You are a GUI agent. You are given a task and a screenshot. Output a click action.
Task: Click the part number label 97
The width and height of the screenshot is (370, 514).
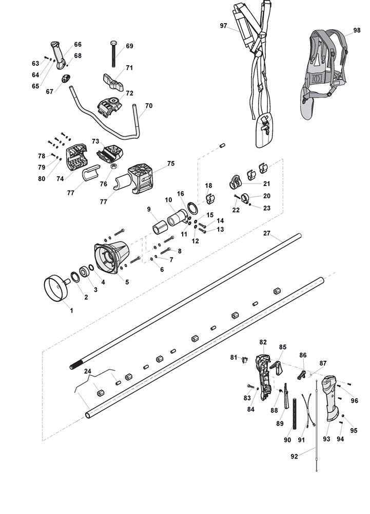(223, 26)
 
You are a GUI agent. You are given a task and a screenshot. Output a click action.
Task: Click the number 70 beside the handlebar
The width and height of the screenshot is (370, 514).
(149, 106)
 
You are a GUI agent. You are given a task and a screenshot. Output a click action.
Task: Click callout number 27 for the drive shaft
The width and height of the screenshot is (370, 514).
(266, 233)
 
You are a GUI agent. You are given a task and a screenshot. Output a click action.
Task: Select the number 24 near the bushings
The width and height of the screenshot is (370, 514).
(88, 371)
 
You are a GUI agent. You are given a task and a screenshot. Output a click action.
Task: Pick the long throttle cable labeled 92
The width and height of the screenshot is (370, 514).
(318, 427)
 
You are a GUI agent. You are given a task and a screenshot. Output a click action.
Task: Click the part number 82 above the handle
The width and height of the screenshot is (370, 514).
(263, 342)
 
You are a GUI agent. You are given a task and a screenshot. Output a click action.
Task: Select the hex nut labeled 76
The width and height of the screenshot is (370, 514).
(115, 167)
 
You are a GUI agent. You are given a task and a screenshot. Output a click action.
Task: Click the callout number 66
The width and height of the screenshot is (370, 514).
(77, 45)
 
